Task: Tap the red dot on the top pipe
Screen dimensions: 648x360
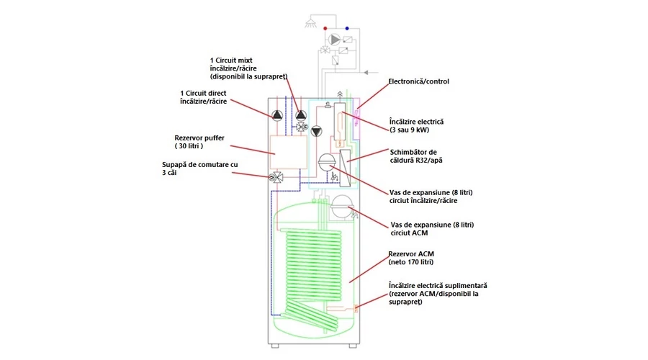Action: coord(325,29)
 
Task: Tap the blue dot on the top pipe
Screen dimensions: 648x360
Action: coord(347,29)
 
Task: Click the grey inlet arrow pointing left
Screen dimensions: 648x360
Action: coord(366,73)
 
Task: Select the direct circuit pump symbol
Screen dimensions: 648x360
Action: coord(277,115)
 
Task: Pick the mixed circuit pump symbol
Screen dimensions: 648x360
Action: coord(301,115)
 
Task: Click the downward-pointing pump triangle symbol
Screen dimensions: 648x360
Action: coord(317,132)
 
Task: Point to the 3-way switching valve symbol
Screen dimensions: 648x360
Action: coord(276,178)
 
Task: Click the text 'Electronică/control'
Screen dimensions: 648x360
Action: coord(418,81)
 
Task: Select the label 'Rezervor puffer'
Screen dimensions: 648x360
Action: coord(199,138)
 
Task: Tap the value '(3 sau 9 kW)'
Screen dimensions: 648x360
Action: coord(410,130)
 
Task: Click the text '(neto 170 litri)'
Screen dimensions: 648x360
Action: coord(411,262)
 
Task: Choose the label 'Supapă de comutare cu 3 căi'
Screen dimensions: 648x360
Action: coord(200,168)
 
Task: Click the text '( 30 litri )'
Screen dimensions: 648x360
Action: coord(189,146)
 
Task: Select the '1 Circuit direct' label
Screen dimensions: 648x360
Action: coord(203,94)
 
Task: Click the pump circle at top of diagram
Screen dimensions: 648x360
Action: coord(334,40)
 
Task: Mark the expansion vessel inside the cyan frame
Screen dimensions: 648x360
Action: coord(328,163)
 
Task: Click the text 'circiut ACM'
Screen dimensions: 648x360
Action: coord(409,233)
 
